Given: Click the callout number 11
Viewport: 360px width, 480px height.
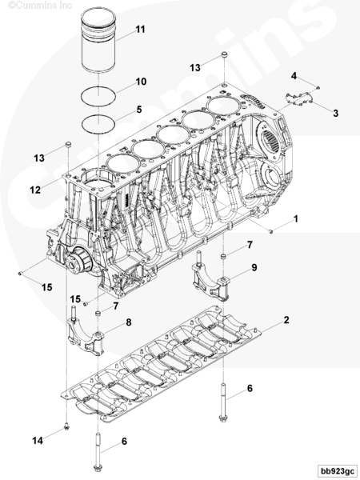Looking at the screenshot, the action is (x=140, y=30).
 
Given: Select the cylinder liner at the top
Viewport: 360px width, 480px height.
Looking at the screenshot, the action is (x=98, y=41).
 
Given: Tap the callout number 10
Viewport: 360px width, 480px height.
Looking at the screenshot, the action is (x=141, y=82).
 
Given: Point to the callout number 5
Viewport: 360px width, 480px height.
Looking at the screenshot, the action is (x=139, y=110).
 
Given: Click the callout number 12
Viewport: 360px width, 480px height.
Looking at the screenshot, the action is (x=35, y=190).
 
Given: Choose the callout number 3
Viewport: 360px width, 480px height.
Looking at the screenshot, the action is (x=336, y=114).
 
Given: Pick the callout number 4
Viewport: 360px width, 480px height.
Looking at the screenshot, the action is (x=294, y=76).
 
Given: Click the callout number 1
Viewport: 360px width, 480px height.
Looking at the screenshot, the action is (x=296, y=219).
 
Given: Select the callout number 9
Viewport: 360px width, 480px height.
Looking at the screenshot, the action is (x=254, y=267).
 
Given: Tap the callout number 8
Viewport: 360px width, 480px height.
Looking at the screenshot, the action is (x=129, y=322).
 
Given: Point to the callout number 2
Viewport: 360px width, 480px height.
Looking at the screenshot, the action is (x=286, y=320).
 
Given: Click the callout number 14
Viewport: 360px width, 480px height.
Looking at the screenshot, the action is (x=38, y=441).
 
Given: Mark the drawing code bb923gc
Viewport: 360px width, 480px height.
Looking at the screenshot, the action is (x=337, y=470).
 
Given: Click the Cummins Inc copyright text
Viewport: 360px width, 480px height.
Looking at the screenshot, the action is (x=40, y=5).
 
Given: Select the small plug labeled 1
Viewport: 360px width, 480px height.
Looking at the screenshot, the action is (x=271, y=231).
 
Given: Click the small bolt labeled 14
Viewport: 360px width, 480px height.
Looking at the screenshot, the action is (x=66, y=426).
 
